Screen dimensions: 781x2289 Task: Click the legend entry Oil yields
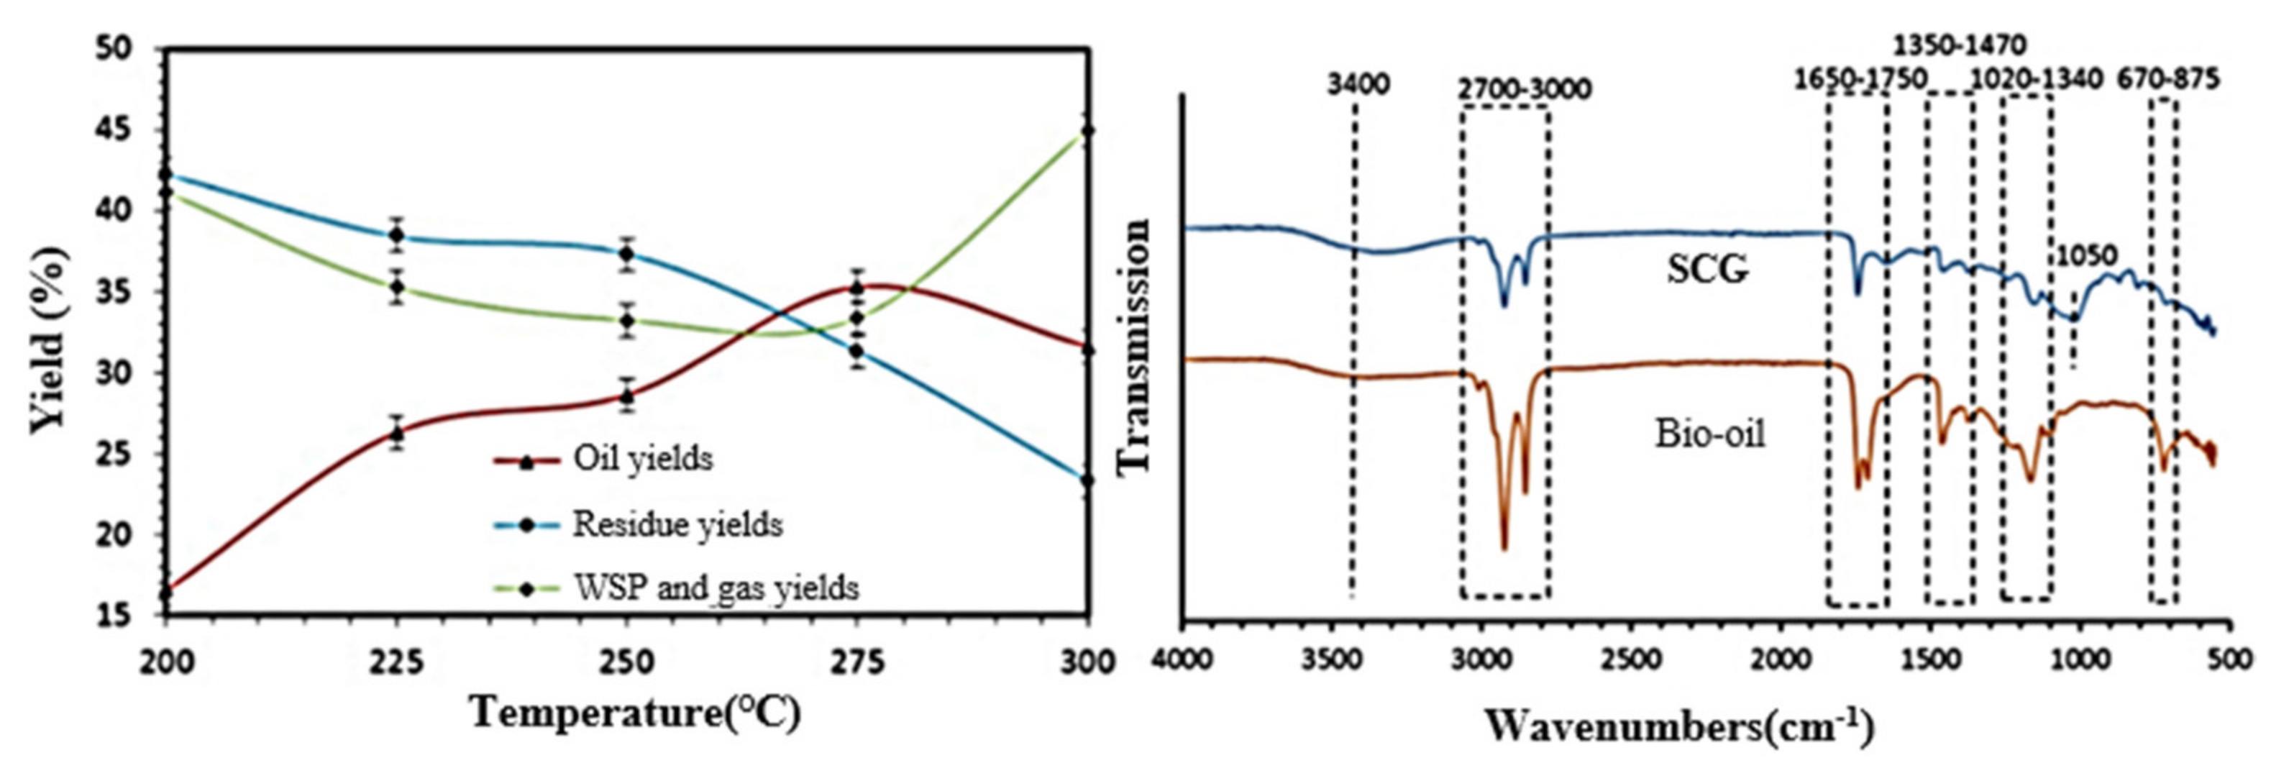pos(642,460)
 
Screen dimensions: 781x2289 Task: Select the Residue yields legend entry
pos(677,524)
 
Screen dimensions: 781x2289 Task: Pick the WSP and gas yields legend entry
pos(716,588)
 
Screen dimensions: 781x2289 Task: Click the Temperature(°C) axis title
pos(635,713)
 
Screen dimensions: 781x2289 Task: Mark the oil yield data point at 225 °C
pos(396,433)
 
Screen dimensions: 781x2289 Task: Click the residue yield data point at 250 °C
pos(626,253)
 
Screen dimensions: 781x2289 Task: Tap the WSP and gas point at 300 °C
pos(1087,131)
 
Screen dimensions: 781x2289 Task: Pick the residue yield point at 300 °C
pos(1087,480)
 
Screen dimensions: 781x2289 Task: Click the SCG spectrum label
pos(1707,269)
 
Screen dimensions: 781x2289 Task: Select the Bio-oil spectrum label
pos(1709,434)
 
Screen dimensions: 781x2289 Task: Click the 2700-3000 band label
pos(1524,90)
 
